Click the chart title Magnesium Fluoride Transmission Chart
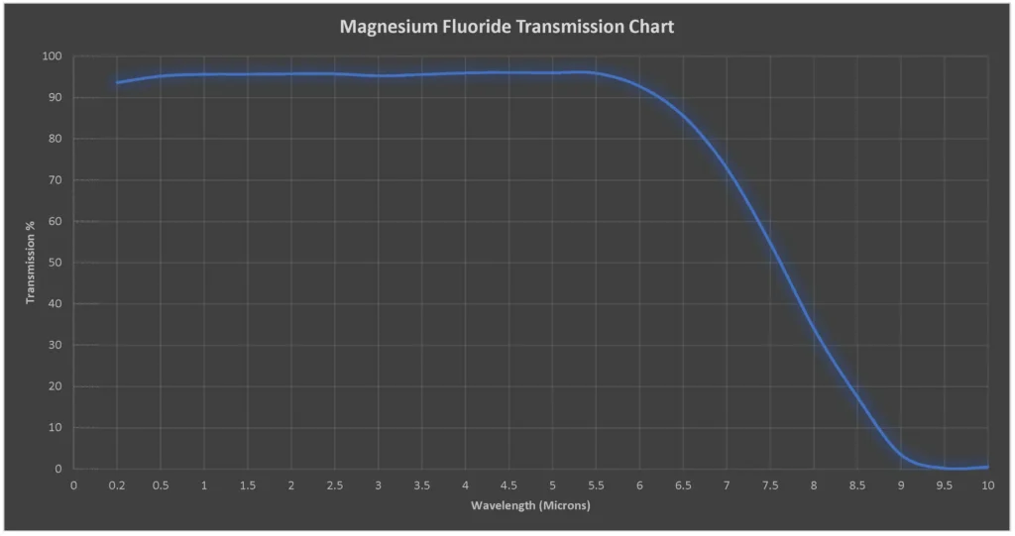click(x=507, y=27)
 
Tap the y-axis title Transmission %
click(x=31, y=262)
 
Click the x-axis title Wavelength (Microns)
click(x=530, y=505)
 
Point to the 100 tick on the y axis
click(x=53, y=56)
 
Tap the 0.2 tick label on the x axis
click(x=117, y=485)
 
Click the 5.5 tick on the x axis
click(x=596, y=485)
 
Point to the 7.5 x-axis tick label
click(x=770, y=485)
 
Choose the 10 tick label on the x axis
click(x=987, y=485)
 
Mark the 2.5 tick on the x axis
click(x=334, y=485)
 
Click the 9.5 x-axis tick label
click(x=945, y=485)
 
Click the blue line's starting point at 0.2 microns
click(x=117, y=82)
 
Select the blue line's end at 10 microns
click(x=987, y=467)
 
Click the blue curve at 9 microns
click(x=901, y=454)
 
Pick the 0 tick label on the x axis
click(x=73, y=485)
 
